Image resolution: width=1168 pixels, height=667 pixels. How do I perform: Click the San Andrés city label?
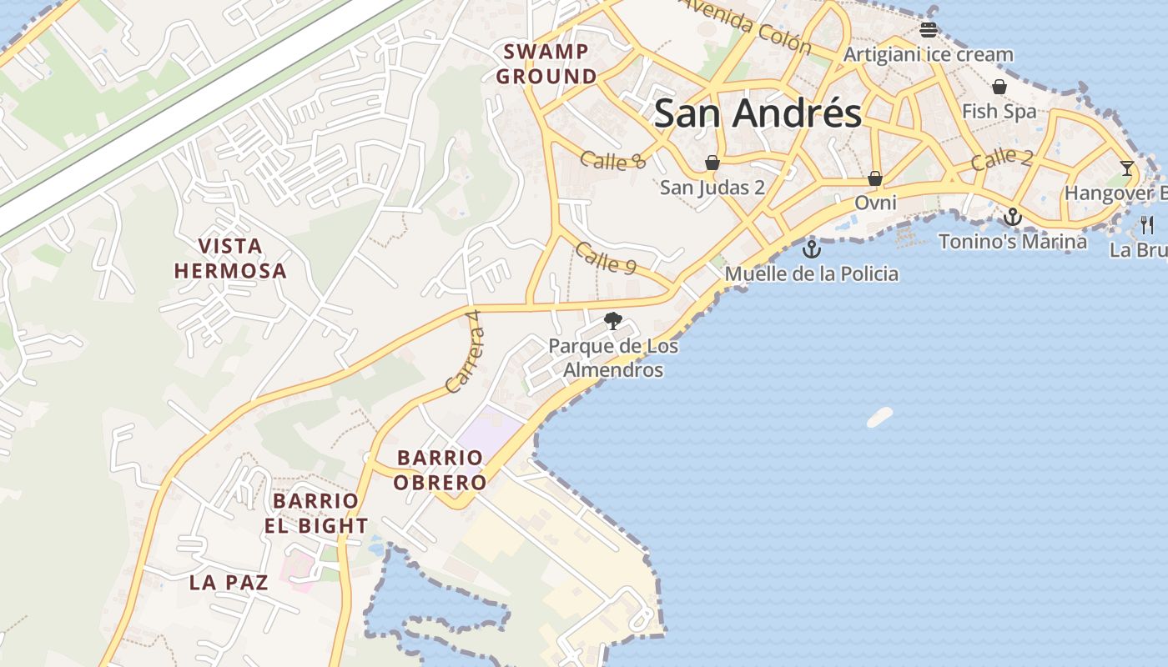(x=757, y=113)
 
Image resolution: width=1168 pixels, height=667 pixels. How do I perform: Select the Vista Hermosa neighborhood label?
(x=230, y=258)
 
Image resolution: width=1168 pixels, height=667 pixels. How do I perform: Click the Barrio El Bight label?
(x=316, y=514)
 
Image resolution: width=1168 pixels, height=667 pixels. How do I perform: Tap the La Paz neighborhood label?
(x=229, y=582)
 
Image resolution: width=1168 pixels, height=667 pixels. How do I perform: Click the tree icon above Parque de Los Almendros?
(x=613, y=320)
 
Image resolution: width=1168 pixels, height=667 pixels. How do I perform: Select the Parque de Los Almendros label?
(x=613, y=358)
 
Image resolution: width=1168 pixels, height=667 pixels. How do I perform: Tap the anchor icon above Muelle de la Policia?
(x=811, y=248)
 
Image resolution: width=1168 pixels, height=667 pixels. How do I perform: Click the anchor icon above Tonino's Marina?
(x=1012, y=217)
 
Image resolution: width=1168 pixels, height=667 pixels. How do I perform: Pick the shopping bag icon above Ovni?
(x=875, y=178)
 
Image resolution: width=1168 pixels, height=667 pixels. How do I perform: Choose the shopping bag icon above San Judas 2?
(x=712, y=162)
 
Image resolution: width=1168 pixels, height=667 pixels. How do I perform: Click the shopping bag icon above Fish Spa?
(x=999, y=87)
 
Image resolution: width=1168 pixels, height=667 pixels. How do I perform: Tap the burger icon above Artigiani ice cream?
(x=929, y=30)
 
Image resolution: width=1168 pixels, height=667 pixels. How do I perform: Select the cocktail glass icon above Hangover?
(x=1127, y=168)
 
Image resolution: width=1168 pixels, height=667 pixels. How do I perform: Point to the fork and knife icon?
(x=1147, y=224)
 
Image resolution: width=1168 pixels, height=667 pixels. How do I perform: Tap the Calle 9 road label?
(x=606, y=258)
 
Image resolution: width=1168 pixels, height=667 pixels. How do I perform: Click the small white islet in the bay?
(x=879, y=417)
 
